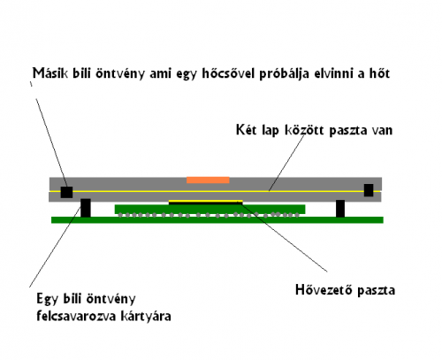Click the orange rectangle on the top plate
(208, 180)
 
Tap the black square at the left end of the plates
(66, 192)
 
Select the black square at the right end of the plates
(369, 190)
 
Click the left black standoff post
(86, 208)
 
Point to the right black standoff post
(340, 209)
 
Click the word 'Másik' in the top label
(50, 73)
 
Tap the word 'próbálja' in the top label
(284, 73)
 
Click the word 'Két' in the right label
(247, 130)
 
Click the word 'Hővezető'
(324, 289)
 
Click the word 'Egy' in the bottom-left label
(47, 299)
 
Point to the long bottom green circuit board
(217, 220)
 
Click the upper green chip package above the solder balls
(210, 209)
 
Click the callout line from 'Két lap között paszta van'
(286, 163)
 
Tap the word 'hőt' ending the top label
(380, 73)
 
